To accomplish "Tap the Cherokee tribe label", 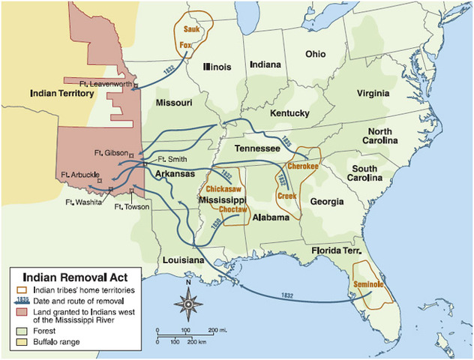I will tap(303, 166).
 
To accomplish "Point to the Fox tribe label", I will tap(186, 45).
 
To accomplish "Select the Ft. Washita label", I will tap(82, 202).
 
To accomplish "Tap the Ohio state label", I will tap(314, 54).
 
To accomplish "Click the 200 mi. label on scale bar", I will tap(218, 330).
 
